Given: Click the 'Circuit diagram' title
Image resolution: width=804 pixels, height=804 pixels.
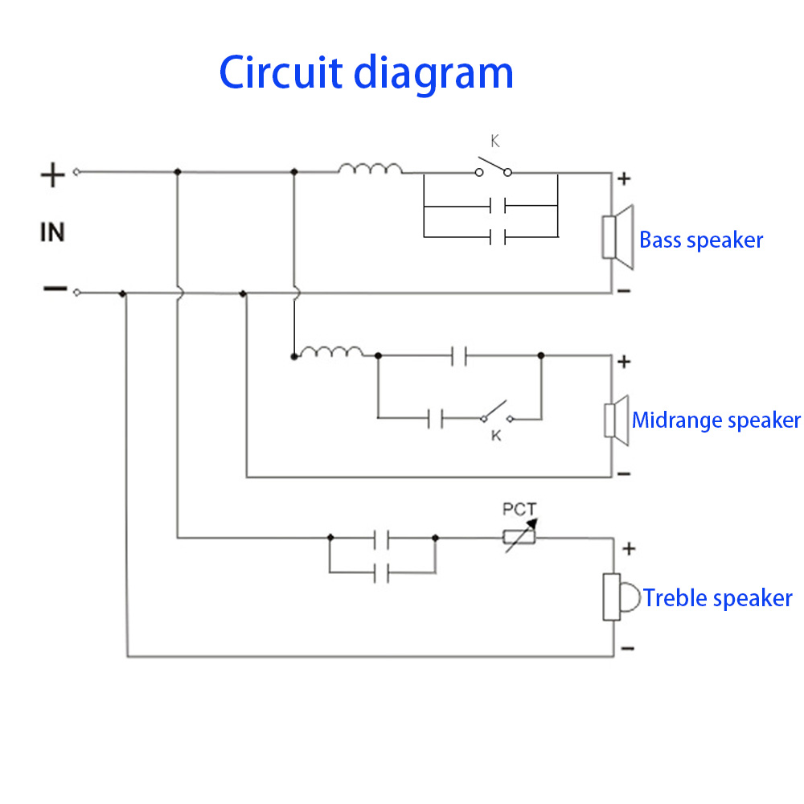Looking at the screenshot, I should (x=366, y=72).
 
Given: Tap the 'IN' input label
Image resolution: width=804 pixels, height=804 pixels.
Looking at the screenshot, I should (x=52, y=233).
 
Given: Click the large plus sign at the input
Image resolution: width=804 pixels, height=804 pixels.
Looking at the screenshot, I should (x=52, y=174).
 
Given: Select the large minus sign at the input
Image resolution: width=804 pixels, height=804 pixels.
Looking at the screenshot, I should (x=54, y=289).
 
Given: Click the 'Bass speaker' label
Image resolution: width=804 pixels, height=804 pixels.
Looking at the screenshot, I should (x=701, y=240).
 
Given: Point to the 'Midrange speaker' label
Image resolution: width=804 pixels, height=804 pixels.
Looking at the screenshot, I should (x=716, y=420).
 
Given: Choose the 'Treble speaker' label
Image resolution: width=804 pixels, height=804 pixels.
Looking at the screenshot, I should (x=718, y=598).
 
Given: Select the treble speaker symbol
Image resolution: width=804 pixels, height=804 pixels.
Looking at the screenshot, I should (x=621, y=597).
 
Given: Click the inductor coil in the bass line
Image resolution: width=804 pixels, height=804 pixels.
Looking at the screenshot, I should (x=370, y=169).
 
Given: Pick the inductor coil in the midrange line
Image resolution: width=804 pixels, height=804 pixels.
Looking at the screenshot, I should (x=329, y=351).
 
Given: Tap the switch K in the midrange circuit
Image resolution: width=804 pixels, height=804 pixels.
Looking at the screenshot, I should (x=498, y=412).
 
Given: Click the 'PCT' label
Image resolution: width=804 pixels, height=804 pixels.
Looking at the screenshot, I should (x=519, y=508).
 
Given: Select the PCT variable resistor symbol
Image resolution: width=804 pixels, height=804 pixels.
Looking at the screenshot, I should (x=519, y=535).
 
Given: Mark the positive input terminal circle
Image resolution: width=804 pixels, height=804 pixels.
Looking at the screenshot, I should (x=76, y=171).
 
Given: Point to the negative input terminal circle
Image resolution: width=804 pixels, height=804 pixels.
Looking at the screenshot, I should (x=76, y=293).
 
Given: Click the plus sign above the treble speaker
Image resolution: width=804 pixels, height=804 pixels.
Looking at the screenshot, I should (x=629, y=549).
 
